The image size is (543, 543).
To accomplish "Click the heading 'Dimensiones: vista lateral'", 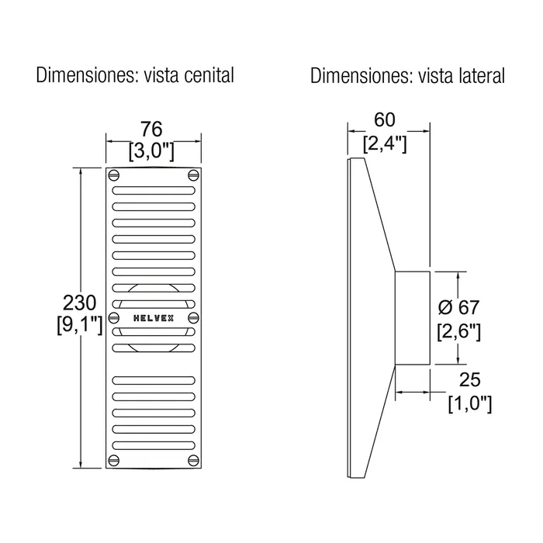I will (x=407, y=75).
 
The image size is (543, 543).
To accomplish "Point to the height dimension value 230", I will (x=79, y=301).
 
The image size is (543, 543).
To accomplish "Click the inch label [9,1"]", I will (x=79, y=324).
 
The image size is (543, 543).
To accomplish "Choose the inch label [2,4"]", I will (x=385, y=142).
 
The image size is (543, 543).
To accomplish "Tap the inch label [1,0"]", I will (x=468, y=403).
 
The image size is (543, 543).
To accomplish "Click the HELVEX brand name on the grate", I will (x=154, y=317).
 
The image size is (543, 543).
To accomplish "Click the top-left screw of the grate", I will (x=115, y=174).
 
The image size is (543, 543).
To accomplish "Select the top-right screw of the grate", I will (x=192, y=174).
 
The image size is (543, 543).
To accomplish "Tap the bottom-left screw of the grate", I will (x=115, y=462).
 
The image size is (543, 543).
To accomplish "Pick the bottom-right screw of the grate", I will (x=192, y=462).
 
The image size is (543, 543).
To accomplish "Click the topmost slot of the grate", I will (x=154, y=188).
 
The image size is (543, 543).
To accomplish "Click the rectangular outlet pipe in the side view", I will (x=413, y=317).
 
